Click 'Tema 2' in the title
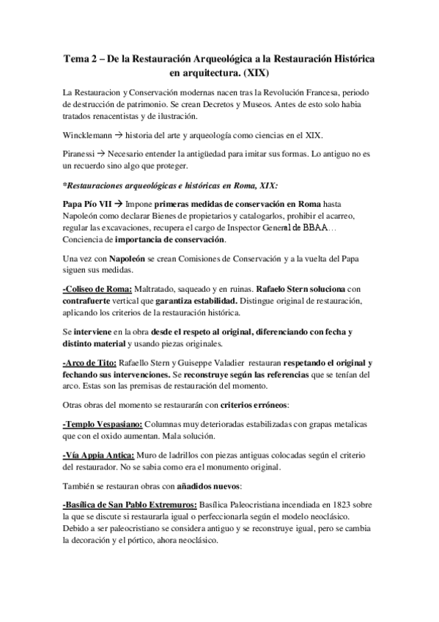[x=79, y=59]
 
